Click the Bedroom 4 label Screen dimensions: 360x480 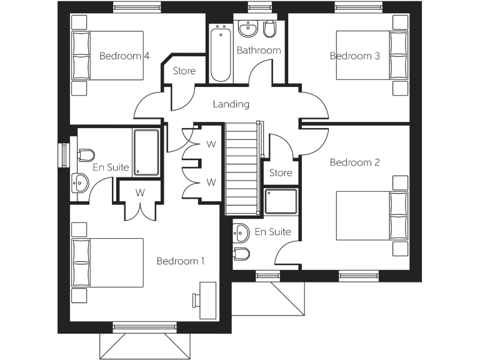pos(124,56)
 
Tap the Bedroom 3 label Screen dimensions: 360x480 pos(355,56)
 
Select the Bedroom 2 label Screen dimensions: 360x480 pos(355,162)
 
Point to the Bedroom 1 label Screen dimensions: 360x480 pos(181,261)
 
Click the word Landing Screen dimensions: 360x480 pos(231,104)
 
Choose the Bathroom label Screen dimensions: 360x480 pos(259,50)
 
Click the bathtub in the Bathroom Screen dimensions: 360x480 pos(220,52)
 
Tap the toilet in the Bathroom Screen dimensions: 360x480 pos(270,29)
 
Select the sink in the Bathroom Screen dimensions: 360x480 pos(248,29)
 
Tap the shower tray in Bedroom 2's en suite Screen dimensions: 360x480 pos(281,201)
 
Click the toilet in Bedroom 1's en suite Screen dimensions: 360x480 pos(86,154)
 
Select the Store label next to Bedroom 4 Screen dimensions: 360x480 pos(184,71)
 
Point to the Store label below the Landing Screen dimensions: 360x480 pos(281,172)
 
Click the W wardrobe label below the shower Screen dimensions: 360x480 pos(140,192)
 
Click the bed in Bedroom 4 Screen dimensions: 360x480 pos(108,55)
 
